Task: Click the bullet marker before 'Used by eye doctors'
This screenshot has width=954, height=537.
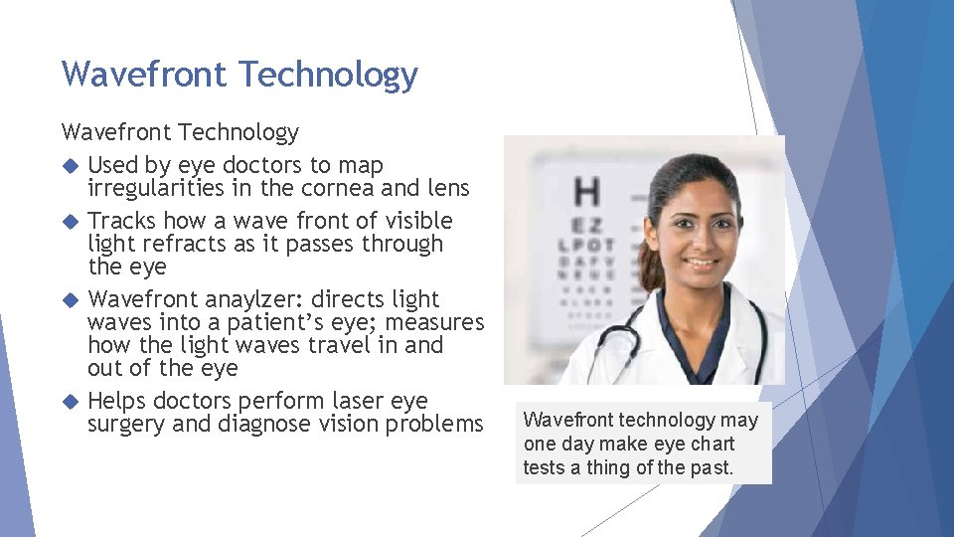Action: [x=69, y=165]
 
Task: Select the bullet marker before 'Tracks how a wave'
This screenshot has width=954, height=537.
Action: [x=69, y=221]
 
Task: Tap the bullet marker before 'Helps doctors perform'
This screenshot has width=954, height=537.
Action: [x=69, y=402]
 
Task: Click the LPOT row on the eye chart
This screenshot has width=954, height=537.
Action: [x=586, y=245]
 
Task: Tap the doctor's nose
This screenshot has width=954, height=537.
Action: [x=701, y=246]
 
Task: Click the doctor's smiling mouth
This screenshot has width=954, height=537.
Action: [x=701, y=265]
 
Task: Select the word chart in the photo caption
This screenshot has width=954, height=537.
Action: [x=712, y=444]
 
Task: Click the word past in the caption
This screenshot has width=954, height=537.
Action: [x=711, y=466]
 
